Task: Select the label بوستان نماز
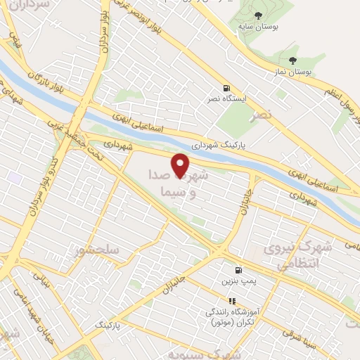(x=292, y=72)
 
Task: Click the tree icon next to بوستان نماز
(x=292, y=60)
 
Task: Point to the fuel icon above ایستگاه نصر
(x=226, y=89)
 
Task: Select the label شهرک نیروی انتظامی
(x=290, y=257)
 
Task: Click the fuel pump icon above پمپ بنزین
(x=239, y=269)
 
